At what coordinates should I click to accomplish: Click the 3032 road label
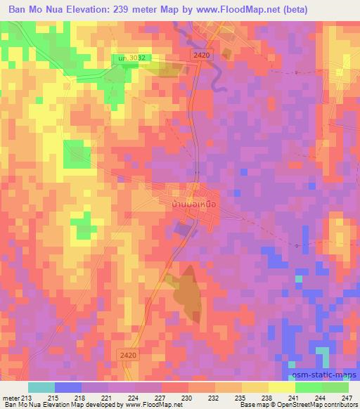[133, 58]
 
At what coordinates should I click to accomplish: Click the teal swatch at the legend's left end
[41, 387]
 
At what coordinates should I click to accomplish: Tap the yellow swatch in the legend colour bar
[282, 387]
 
